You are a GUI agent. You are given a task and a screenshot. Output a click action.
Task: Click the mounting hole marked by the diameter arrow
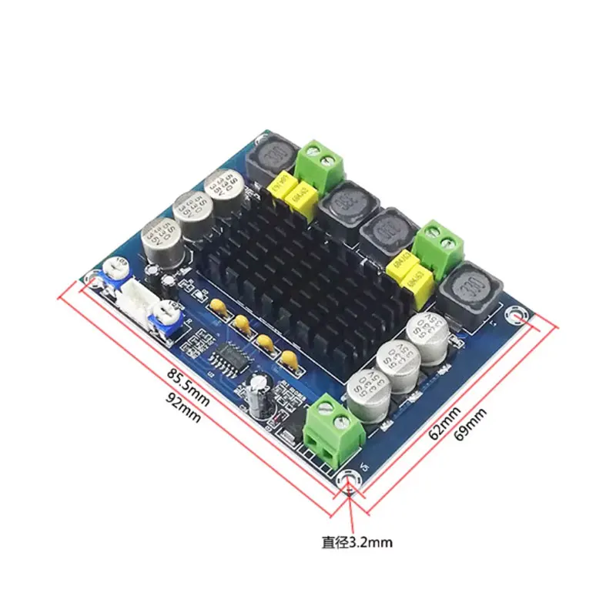coord(350,481)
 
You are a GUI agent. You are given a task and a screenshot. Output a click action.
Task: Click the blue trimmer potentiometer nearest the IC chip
coord(163,317)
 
